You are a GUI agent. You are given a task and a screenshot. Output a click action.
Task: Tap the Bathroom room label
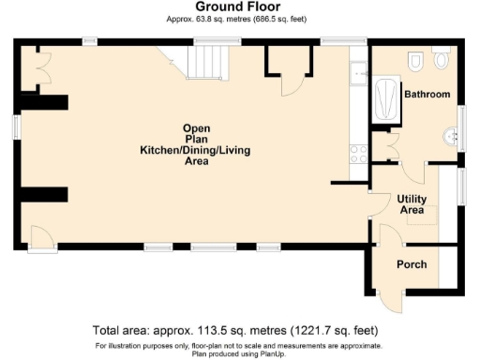coord(427,95)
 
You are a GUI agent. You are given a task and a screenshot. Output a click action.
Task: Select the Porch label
coord(412,264)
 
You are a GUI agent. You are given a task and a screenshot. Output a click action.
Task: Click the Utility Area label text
coord(412,204)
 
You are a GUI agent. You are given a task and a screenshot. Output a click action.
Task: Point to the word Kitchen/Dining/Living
coord(195,150)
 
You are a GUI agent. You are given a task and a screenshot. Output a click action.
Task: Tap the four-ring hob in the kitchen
coord(358,154)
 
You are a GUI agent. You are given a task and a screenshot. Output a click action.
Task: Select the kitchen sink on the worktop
coord(358,72)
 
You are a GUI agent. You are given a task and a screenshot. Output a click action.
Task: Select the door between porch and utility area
coord(384,236)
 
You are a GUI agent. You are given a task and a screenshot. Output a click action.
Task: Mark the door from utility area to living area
coord(377,204)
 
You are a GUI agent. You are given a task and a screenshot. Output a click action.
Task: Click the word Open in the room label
coord(195,127)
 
